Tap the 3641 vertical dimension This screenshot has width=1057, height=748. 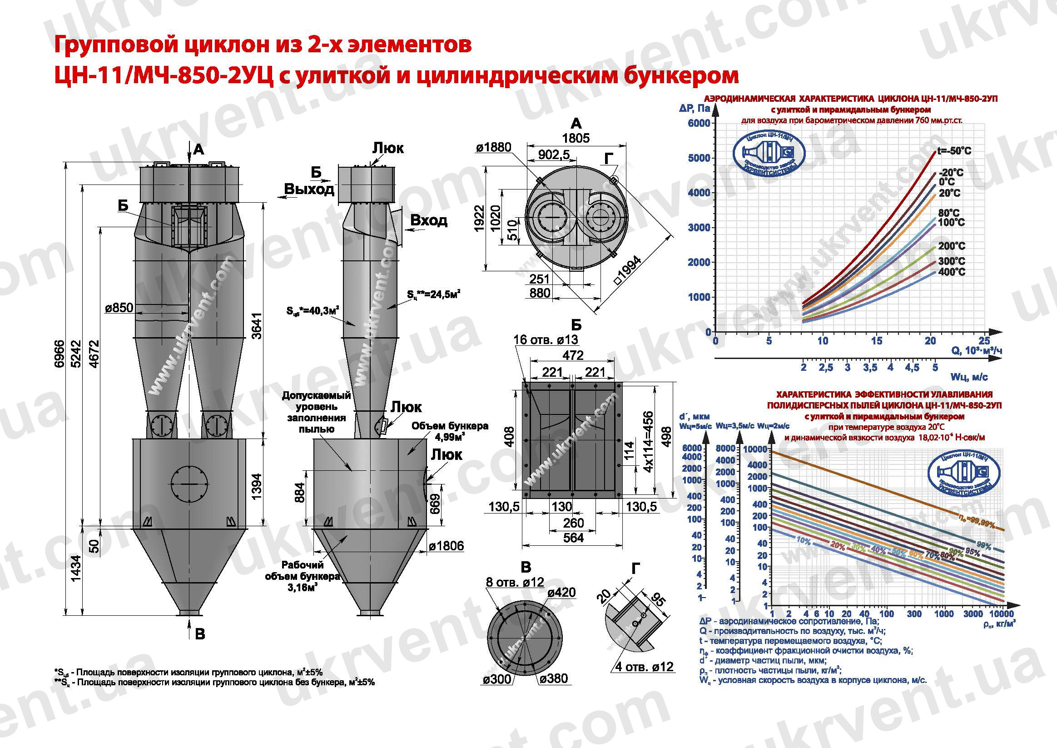(257, 326)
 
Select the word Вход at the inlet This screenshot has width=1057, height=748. (428, 220)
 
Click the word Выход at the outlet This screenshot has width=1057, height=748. (308, 189)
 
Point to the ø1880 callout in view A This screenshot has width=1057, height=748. (493, 147)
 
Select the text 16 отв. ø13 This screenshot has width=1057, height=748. (546, 340)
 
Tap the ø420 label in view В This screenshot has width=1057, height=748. (561, 592)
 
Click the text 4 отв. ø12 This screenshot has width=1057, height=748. (644, 667)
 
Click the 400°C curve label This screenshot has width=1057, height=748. (951, 272)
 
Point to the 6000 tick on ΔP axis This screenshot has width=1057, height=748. (699, 124)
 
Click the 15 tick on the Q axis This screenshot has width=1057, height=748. (876, 341)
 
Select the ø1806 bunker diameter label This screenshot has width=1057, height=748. (446, 546)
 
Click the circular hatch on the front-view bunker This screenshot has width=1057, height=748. (189, 484)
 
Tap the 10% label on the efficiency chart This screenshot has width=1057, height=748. (804, 541)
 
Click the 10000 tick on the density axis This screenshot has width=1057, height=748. (1001, 614)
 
